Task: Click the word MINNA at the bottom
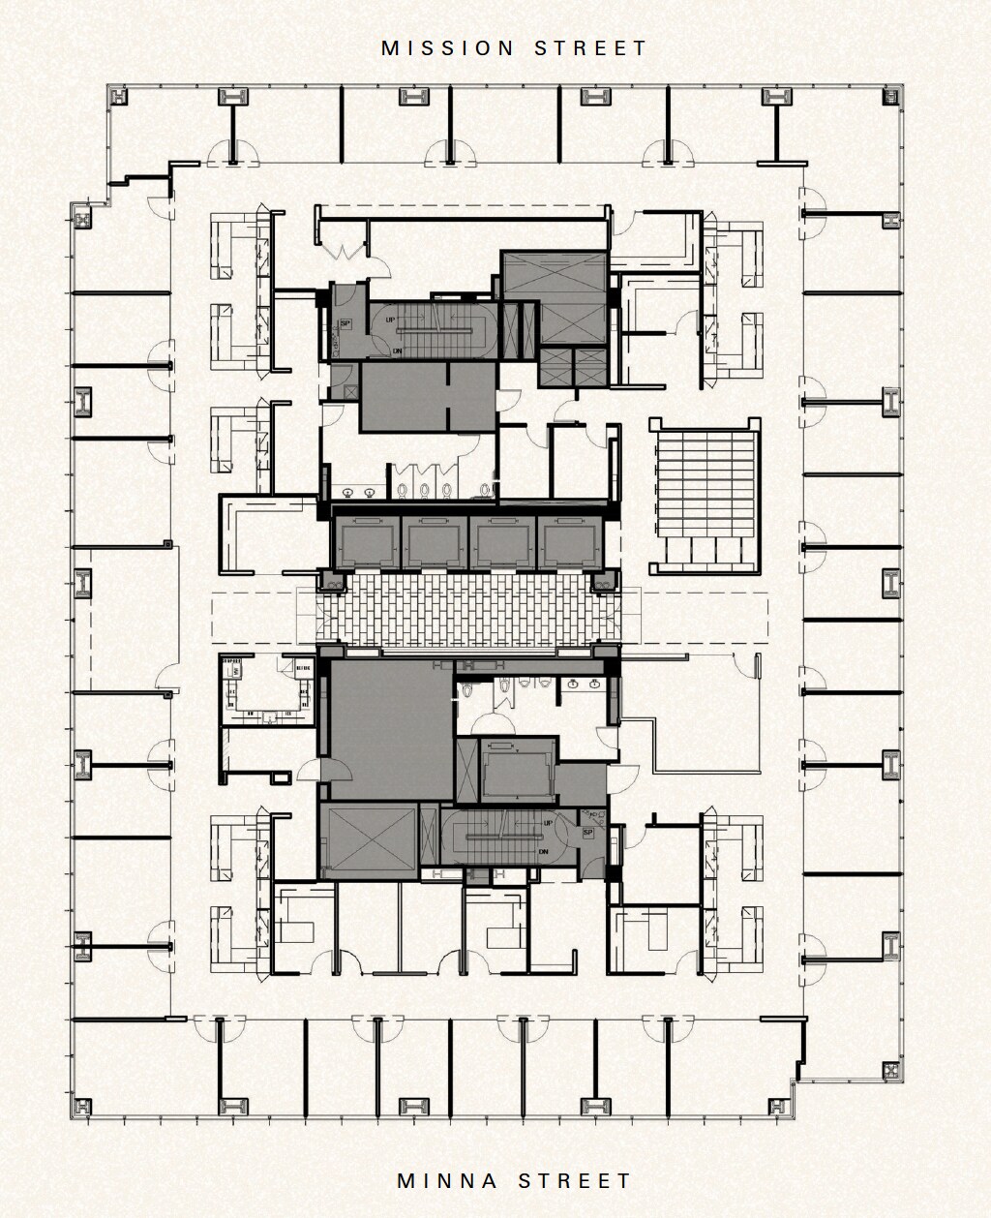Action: [x=448, y=1181]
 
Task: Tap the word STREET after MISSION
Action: [x=590, y=48]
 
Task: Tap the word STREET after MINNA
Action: [x=575, y=1181]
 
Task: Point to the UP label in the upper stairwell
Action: [x=389, y=319]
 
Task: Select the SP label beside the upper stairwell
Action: [x=344, y=324]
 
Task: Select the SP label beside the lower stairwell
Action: [x=587, y=833]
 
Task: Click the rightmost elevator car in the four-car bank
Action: [x=569, y=541]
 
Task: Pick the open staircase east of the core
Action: [x=704, y=494]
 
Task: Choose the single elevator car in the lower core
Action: [x=503, y=769]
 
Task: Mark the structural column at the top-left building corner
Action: [x=118, y=96]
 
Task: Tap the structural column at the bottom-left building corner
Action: [x=83, y=1105]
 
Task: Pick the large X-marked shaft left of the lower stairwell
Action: [x=367, y=839]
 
